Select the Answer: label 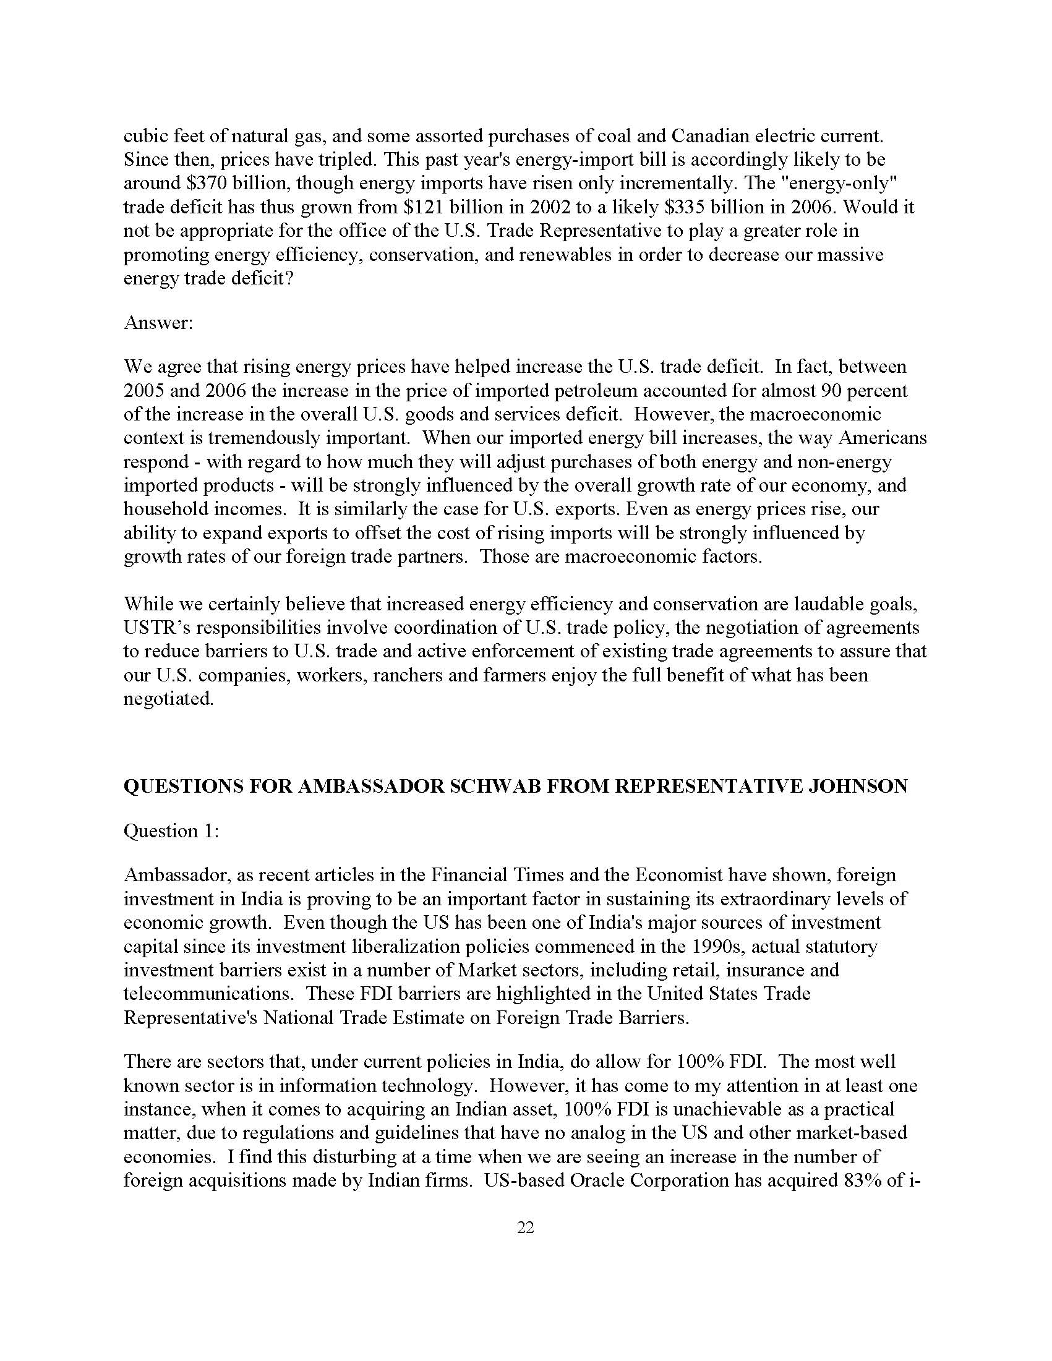click(159, 323)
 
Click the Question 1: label click(171, 830)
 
